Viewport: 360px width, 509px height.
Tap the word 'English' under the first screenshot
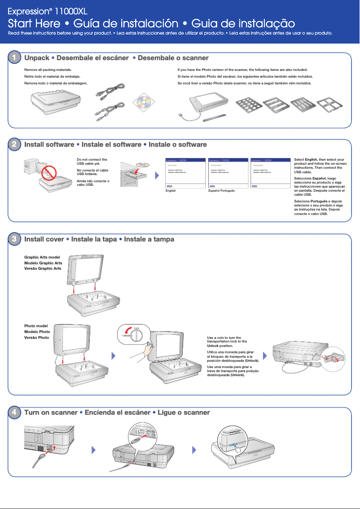(x=171, y=191)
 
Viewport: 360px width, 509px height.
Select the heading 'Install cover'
(x=44, y=239)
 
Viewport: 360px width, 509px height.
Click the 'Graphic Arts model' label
(x=42, y=257)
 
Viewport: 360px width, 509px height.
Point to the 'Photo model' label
(x=36, y=326)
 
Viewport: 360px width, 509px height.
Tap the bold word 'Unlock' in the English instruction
(x=213, y=347)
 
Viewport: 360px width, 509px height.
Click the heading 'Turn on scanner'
(x=50, y=412)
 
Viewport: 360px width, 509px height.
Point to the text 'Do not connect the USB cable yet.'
(x=92, y=162)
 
